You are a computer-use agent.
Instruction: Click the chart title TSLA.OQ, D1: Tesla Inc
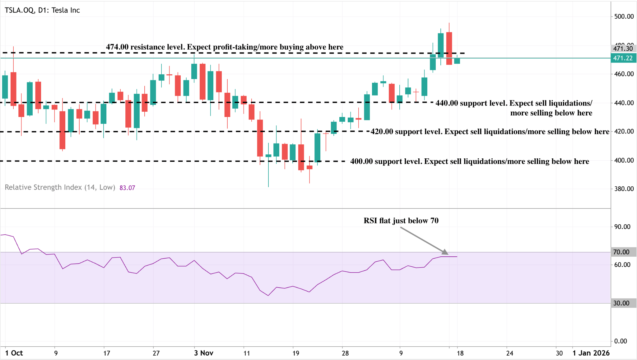pos(42,10)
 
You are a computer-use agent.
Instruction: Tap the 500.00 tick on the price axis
pos(624,16)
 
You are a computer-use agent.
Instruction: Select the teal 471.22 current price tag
pos(623,58)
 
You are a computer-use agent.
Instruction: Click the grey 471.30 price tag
pos(623,49)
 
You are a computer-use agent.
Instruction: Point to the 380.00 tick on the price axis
pos(624,189)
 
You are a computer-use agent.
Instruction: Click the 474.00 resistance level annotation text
pos(225,47)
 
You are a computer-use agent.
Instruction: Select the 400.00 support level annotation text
pos(469,161)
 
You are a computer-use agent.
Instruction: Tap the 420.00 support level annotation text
pos(490,132)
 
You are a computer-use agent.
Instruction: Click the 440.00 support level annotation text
pos(514,108)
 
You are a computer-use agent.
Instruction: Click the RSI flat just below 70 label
pos(401,221)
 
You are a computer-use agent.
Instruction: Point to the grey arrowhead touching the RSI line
pos(445,252)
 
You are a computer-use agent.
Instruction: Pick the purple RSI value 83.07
pos(127,188)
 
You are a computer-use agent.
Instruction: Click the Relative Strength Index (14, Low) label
pos(60,187)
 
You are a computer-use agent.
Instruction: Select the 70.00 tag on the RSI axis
pos(621,252)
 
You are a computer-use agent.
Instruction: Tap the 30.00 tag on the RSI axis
pos(621,303)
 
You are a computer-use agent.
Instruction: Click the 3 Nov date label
pos(204,353)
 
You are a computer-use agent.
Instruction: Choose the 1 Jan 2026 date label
pos(591,353)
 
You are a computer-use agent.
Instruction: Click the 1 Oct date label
pos(14,353)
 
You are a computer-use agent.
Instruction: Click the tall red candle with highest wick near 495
pos(449,48)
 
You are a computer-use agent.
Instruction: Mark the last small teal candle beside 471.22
pos(457,61)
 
